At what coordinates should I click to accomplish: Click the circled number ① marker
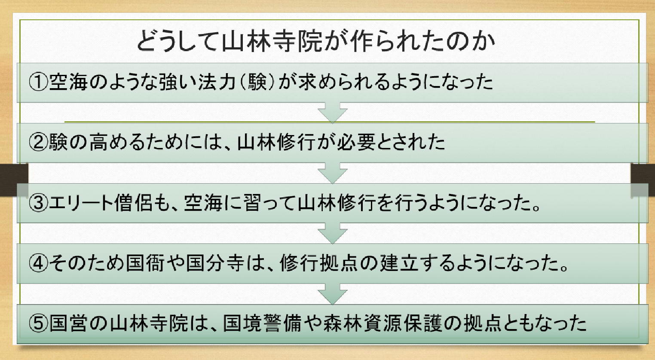[38, 82]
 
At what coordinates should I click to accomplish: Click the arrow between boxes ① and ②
[332, 112]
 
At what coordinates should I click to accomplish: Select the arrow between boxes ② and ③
[332, 173]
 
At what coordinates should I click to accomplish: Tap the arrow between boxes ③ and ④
[332, 233]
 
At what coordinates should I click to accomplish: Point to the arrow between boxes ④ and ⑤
[332, 294]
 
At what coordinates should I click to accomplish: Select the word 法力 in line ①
[214, 82]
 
